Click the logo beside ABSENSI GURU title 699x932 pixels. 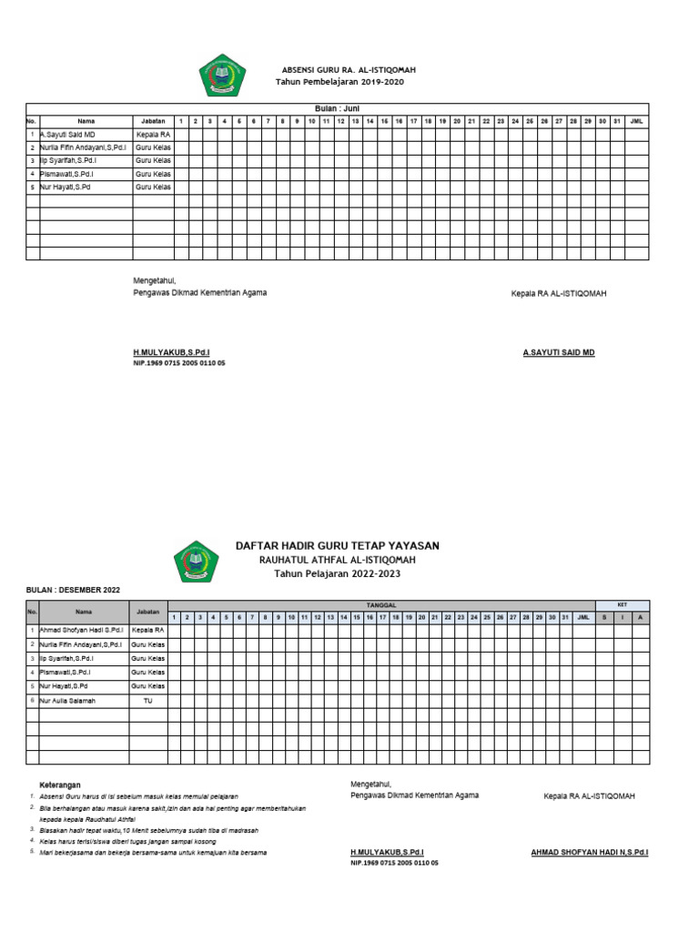[222, 76]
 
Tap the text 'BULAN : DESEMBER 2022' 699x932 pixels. [73, 591]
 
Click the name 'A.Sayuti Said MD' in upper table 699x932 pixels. [67, 134]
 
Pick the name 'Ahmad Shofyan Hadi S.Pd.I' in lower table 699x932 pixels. [81, 630]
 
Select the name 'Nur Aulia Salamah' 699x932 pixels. [68, 701]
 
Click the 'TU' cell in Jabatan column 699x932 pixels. [147, 701]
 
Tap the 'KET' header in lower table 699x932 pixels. [623, 604]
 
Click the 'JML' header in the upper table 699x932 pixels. [636, 121]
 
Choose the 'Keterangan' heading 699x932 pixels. [60, 784]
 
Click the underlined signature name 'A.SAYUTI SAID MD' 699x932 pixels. [558, 352]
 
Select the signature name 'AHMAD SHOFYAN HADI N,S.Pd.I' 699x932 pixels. [589, 853]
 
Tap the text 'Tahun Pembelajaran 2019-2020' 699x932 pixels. [339, 82]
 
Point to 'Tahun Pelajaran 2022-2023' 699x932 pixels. [337, 574]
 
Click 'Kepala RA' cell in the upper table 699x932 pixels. [153, 134]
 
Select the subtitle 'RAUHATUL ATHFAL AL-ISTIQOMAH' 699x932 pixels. [337, 560]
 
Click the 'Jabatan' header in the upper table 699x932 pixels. [153, 121]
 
